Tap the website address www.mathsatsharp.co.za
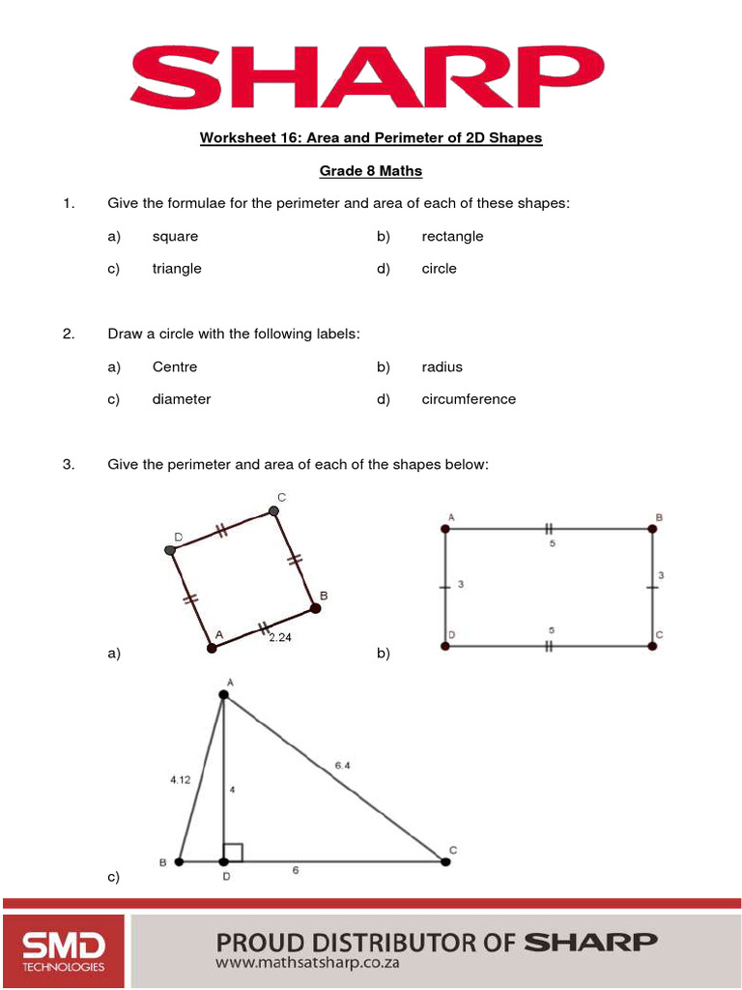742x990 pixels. click(x=307, y=963)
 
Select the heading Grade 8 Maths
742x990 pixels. click(x=371, y=171)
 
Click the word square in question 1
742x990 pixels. click(x=175, y=236)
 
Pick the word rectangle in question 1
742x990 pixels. click(x=452, y=236)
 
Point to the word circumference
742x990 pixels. click(x=469, y=398)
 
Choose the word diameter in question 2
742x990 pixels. click(x=181, y=398)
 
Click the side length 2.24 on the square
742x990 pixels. click(x=279, y=637)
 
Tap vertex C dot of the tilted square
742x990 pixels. click(x=273, y=511)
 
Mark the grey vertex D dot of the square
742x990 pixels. click(x=171, y=550)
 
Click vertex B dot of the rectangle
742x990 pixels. click(x=653, y=529)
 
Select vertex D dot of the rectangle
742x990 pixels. click(x=445, y=646)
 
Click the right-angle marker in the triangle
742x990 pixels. click(x=233, y=852)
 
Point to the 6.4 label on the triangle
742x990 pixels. click(x=342, y=765)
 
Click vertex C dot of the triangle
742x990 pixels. click(x=445, y=860)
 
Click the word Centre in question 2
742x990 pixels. click(x=174, y=366)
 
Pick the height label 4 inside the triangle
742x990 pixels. click(x=232, y=789)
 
